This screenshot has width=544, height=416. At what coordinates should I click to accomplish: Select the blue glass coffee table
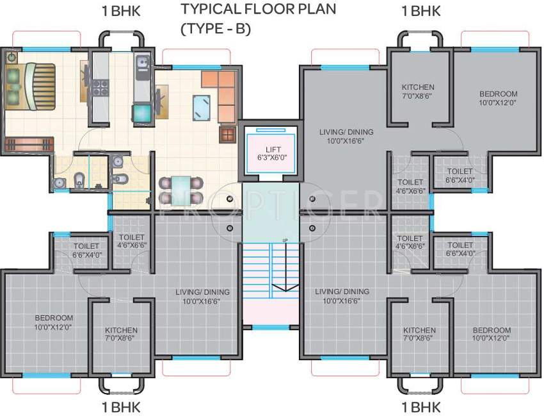pos(202,106)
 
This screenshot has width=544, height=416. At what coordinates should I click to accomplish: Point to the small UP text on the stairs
pos(284,241)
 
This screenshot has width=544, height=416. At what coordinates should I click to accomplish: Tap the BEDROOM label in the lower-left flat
pos(54,318)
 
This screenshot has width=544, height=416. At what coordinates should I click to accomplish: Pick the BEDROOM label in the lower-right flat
pos(492,330)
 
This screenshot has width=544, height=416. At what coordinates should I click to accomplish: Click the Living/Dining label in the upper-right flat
pos(346,132)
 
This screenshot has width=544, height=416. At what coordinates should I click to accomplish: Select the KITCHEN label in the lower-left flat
pos(121,331)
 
